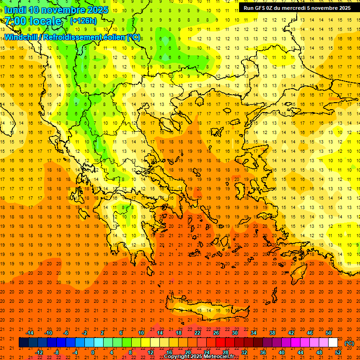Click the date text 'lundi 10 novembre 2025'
coord(56,10)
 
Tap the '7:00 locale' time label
coord(33,21)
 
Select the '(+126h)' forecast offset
coord(83,21)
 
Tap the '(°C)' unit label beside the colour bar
coord(349,343)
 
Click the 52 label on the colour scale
coord(337,352)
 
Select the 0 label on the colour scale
coord(93,352)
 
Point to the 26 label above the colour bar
coord(216,333)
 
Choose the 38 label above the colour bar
coord(272,333)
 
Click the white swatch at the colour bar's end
coord(333,343)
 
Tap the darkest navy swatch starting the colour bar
coord(23,343)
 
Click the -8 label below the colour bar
coord(56,352)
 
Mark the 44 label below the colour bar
coord(300,352)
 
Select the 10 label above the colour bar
coord(141,333)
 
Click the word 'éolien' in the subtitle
coord(112,37)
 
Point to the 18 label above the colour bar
coord(179,333)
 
